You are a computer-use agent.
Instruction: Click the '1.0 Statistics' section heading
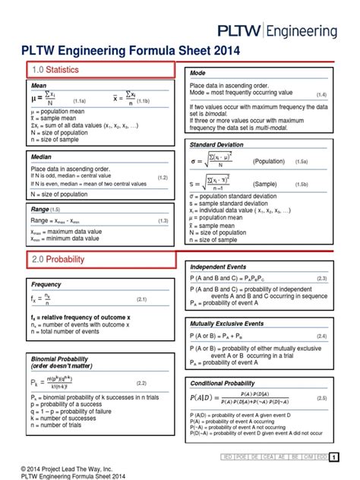[x=55, y=70]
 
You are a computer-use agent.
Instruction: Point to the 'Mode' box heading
[x=199, y=72]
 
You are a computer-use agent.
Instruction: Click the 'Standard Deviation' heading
[x=218, y=144]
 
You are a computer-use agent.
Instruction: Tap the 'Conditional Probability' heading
[x=223, y=384]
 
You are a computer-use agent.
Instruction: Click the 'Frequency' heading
[x=46, y=284]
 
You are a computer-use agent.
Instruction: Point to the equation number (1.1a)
[x=79, y=100]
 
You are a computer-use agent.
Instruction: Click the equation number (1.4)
[x=321, y=94]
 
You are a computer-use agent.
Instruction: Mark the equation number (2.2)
[x=142, y=383]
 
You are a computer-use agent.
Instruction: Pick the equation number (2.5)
[x=321, y=398]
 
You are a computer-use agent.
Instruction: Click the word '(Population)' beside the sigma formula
[x=270, y=162]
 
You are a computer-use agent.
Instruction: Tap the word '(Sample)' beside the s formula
[x=265, y=184]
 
